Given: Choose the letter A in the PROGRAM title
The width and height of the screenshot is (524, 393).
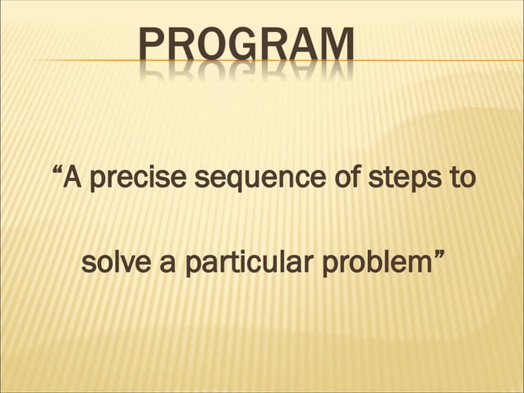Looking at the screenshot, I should [x=302, y=47].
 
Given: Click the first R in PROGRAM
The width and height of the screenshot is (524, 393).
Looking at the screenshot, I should [x=180, y=47].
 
